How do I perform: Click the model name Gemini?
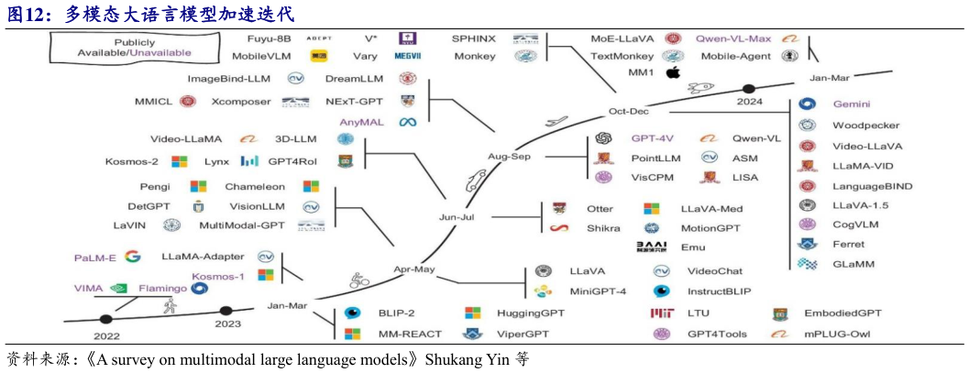[851, 104]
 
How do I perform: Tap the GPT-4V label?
[653, 138]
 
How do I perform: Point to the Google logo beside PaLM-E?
[133, 257]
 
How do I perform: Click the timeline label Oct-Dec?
[628, 111]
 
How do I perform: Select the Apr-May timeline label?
[414, 270]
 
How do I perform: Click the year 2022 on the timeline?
[106, 335]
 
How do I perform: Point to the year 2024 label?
[749, 102]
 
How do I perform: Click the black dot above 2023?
[226, 311]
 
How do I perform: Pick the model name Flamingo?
[162, 288]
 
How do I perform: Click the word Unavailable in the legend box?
[160, 53]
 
